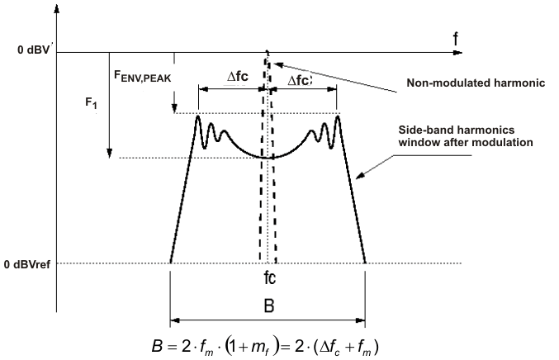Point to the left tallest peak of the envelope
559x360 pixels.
[x=198, y=117]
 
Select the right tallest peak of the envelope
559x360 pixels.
[x=338, y=117]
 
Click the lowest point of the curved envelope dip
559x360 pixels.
[x=268, y=157]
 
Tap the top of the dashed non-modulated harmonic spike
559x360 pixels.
[x=267, y=55]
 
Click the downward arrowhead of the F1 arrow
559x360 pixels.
[x=109, y=156]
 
